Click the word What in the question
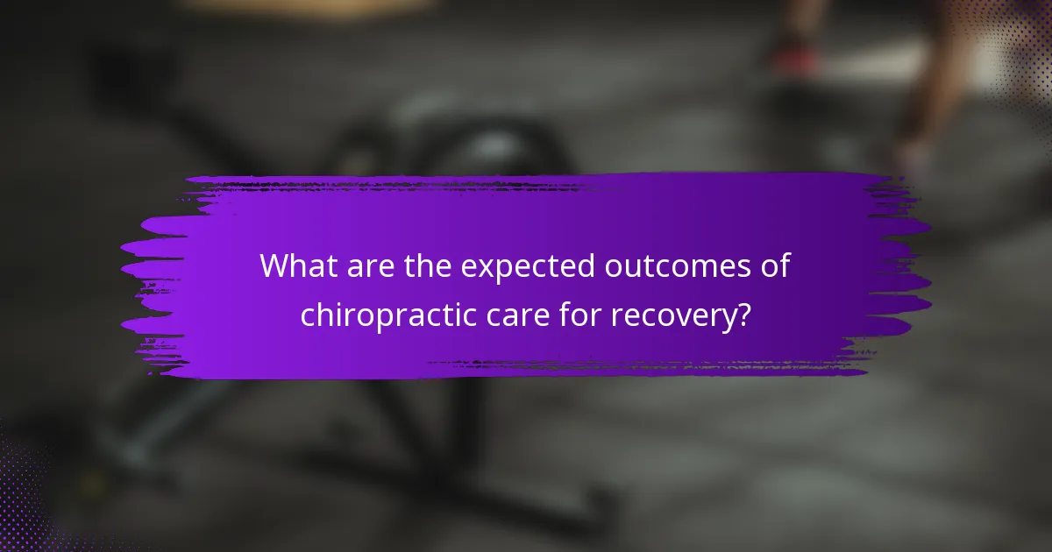[295, 266]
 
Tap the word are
[368, 266]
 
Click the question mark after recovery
[743, 314]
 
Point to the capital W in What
[275, 266]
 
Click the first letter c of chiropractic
[308, 316]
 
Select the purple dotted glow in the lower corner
[35, 499]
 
